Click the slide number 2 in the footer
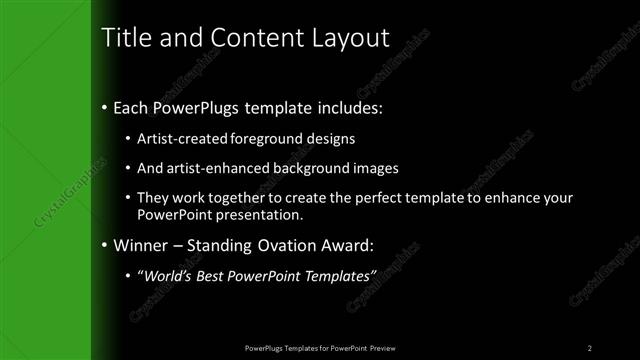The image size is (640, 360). coord(590,347)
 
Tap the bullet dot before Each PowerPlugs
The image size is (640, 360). coord(105,107)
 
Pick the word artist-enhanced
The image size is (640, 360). coord(207,169)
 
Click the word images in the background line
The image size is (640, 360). coord(377,169)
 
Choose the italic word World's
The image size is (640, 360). coord(163,277)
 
